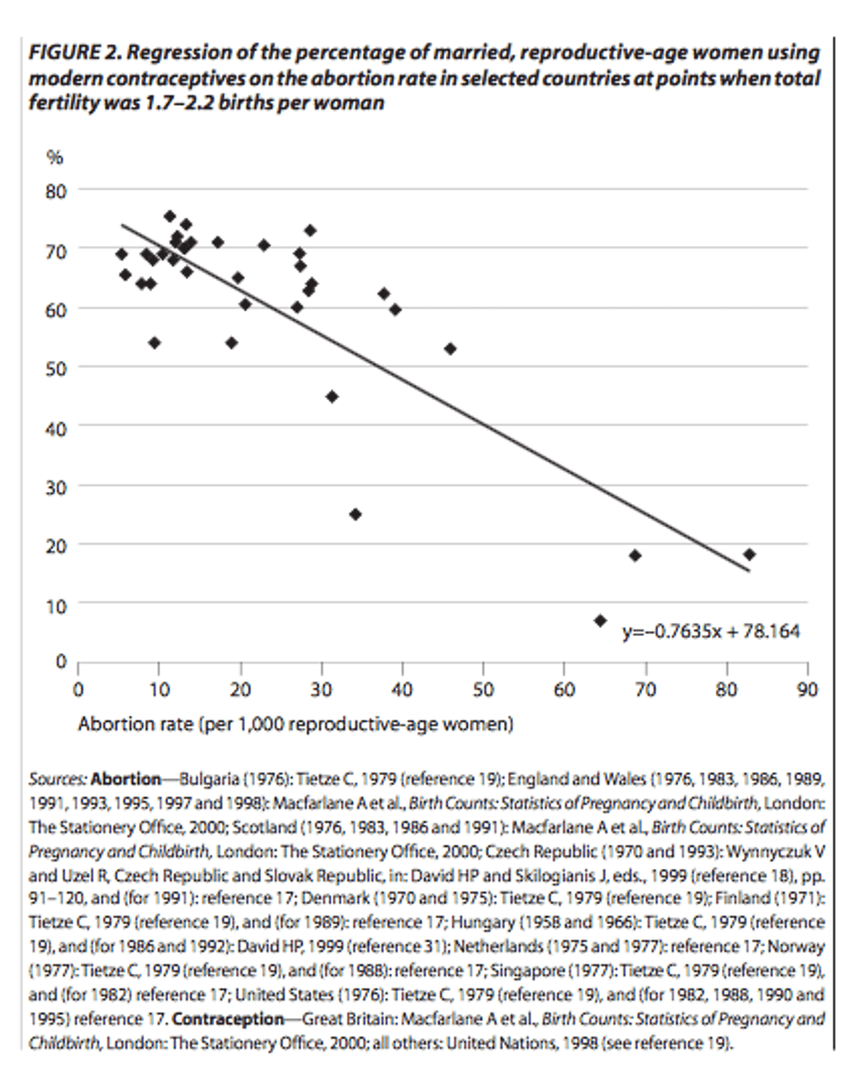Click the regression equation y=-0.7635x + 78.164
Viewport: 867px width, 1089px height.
pos(711,632)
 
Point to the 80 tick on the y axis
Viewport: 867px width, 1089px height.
pos(58,190)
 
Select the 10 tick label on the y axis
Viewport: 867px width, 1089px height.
pos(58,603)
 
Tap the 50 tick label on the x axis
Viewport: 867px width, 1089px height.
pos(483,690)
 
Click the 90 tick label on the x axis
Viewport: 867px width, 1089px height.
pos(807,690)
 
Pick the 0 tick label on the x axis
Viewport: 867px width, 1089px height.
pos(79,690)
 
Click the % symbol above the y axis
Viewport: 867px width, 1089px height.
pos(55,157)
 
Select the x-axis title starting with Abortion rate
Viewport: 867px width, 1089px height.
pos(295,724)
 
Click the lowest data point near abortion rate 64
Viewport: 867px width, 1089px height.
pos(600,620)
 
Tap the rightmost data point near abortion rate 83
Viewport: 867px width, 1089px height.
pos(749,554)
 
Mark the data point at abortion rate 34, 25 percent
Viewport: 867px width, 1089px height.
pos(356,514)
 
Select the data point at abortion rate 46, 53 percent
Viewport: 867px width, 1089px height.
pos(450,349)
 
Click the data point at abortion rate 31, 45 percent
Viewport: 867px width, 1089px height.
pos(332,396)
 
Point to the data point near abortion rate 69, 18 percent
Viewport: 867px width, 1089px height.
pos(634,556)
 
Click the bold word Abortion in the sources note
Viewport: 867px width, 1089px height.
pos(126,779)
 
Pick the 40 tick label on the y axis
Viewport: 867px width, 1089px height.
pos(58,426)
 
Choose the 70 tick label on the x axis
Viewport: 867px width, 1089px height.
pos(645,690)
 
